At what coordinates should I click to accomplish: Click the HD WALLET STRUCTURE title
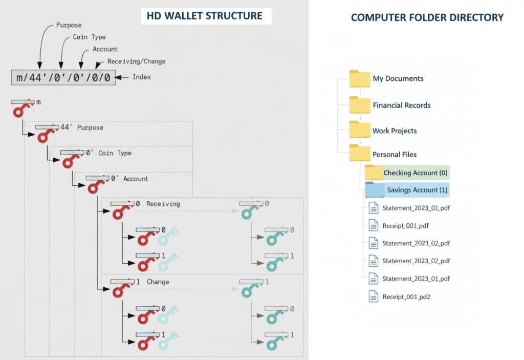point(205,16)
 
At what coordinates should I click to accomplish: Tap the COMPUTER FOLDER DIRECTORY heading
point(427,17)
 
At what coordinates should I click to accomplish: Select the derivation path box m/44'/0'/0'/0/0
point(63,77)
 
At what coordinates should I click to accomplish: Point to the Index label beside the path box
point(142,77)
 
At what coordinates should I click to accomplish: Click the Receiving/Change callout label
point(136,61)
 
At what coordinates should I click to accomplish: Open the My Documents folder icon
point(360,79)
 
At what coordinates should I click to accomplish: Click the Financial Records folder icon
point(360,105)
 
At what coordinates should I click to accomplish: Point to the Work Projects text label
point(395,131)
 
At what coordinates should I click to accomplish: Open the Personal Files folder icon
point(360,154)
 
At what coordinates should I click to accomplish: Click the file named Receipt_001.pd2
point(406,297)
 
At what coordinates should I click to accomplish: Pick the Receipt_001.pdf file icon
point(374,225)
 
